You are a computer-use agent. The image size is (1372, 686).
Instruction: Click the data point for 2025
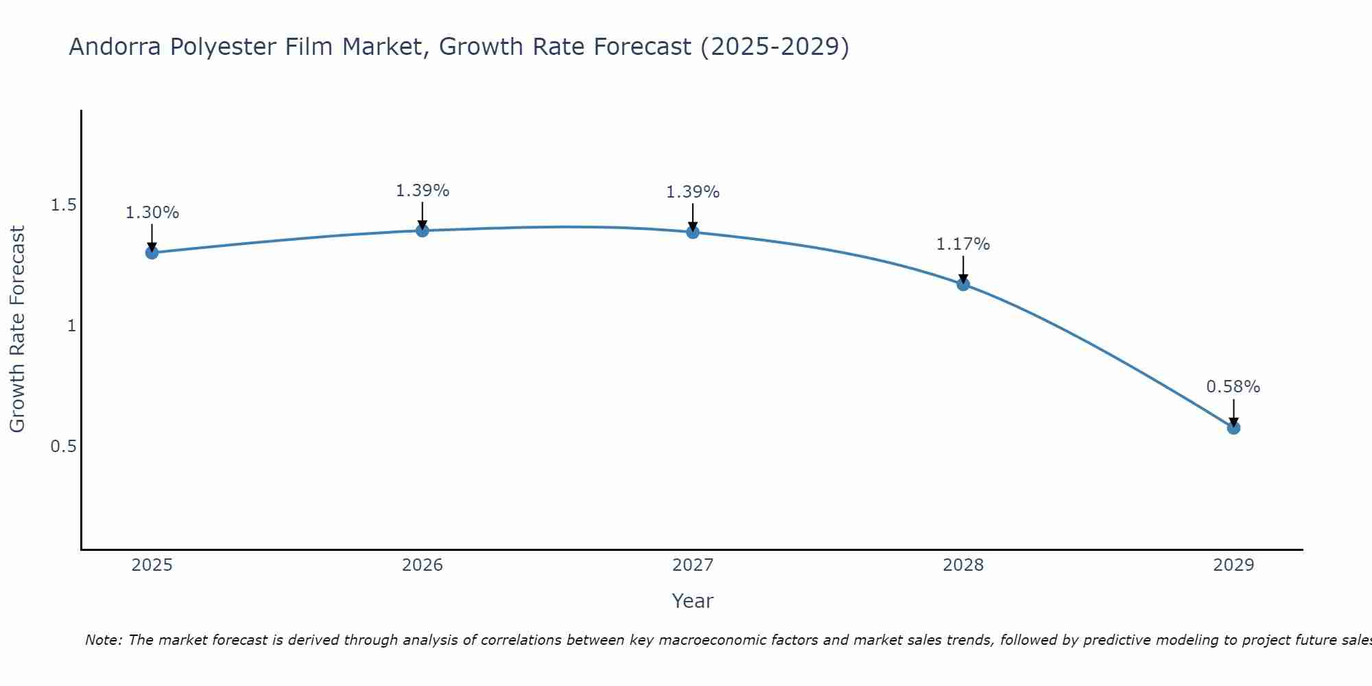pos(152,252)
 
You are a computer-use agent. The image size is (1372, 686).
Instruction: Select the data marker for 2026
pos(423,230)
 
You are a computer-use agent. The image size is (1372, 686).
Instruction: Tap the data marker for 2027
pos(693,232)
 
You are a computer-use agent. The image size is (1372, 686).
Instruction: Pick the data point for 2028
pos(963,284)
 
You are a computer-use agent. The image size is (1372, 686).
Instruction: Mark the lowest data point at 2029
pos(1233,427)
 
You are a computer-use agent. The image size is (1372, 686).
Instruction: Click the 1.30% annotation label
pos(152,213)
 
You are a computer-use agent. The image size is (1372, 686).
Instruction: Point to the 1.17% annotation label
pos(963,244)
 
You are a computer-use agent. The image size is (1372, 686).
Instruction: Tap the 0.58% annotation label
pos(1233,387)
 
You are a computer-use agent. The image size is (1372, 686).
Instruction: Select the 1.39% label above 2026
pos(423,191)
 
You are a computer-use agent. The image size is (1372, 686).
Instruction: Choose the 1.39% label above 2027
pos(693,192)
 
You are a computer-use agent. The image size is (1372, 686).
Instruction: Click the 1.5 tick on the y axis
pos(64,205)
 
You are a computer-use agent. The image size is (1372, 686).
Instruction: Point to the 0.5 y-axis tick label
pos(64,447)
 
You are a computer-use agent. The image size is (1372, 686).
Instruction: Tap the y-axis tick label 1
pos(71,326)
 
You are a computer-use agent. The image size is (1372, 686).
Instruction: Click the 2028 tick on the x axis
pos(963,565)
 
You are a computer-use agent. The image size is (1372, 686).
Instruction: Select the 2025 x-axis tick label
pos(152,565)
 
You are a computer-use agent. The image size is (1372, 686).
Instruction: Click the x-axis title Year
pos(693,601)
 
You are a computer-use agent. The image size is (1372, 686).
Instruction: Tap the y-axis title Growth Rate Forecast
pos(17,329)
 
